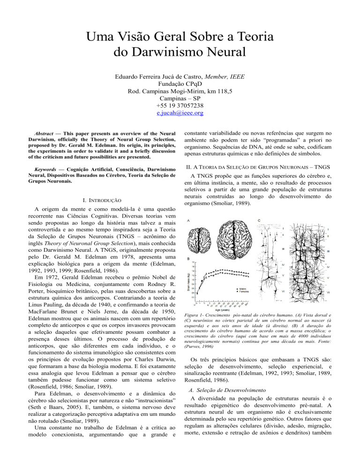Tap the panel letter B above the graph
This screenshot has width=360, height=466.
188,259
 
